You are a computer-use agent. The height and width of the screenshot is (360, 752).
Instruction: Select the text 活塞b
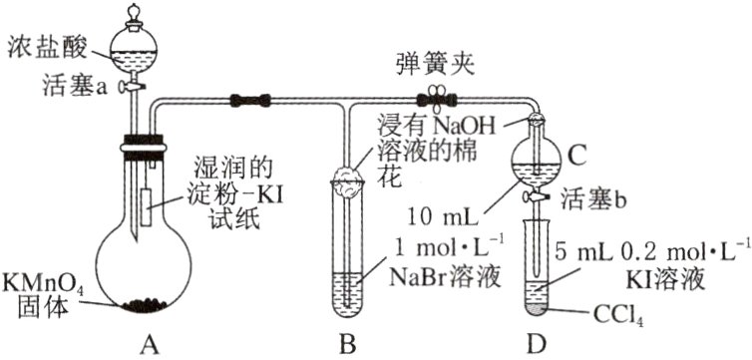click(x=594, y=197)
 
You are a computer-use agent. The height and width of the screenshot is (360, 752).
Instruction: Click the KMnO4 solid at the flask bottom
click(x=149, y=300)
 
